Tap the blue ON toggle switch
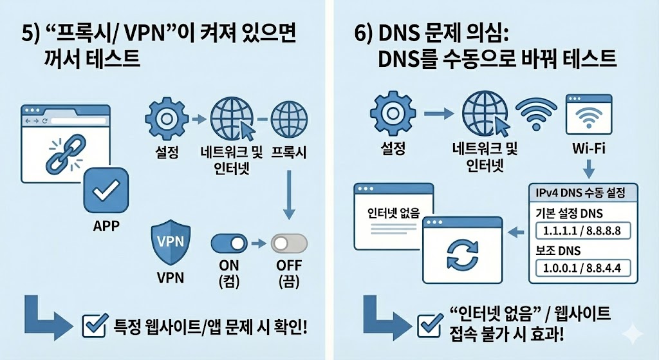click(x=229, y=243)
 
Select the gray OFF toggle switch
click(x=289, y=243)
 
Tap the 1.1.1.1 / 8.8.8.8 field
click(x=582, y=231)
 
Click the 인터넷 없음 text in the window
click(x=393, y=213)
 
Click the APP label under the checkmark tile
click(x=106, y=227)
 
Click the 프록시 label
click(x=289, y=153)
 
